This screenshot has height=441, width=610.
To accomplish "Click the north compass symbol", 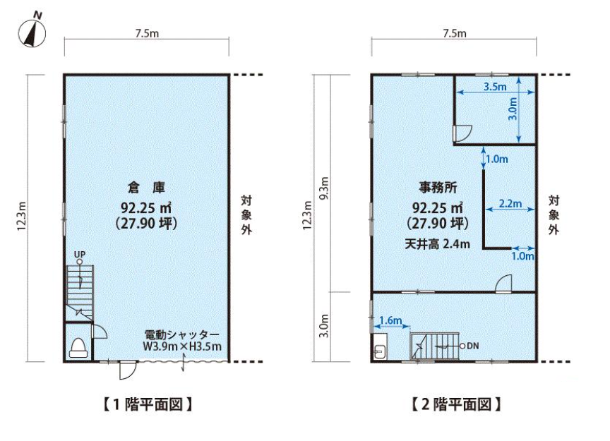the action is click(32, 31).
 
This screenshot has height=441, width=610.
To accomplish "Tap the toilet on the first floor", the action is click(78, 347).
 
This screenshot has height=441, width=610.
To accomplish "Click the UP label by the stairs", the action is click(80, 254).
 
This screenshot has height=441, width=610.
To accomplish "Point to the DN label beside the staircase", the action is click(472, 346).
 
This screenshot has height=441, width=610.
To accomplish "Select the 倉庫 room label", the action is click(147, 188).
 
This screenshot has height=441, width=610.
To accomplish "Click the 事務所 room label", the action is click(438, 188).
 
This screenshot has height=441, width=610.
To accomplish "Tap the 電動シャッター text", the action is click(182, 335).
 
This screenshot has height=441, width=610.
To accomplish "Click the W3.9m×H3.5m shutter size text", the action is click(182, 346).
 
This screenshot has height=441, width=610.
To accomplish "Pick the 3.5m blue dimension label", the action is click(495, 86).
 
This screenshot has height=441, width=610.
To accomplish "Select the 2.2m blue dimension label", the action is click(510, 203).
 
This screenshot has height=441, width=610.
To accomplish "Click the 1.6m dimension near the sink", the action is click(390, 320).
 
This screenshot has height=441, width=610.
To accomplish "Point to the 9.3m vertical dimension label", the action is click(324, 188).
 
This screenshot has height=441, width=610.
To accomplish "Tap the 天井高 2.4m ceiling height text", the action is click(437, 244).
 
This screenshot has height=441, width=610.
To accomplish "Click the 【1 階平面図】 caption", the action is click(148, 404).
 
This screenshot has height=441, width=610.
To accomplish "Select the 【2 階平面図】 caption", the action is click(456, 404).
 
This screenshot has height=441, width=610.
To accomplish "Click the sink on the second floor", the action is click(379, 346).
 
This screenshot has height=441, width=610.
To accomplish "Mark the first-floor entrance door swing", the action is click(127, 370).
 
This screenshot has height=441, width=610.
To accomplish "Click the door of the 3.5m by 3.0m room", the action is click(462, 133).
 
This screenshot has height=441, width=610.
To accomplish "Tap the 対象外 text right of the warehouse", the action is click(246, 215).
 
